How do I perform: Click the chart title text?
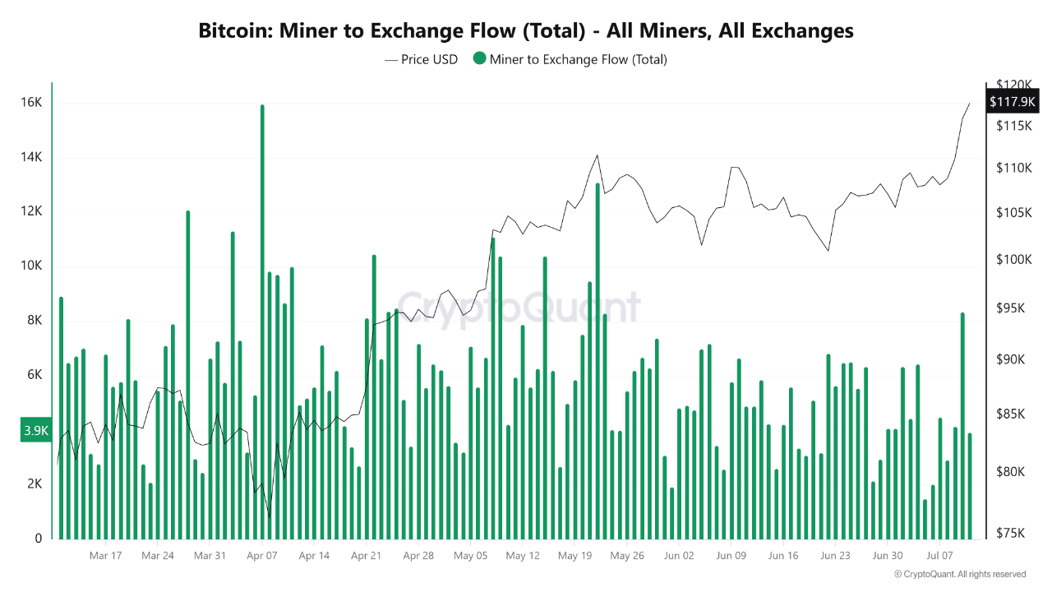(526, 31)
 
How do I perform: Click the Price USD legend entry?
(421, 59)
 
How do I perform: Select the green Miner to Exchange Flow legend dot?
(479, 59)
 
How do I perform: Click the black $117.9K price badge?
(1013, 102)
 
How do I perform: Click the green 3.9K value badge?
(36, 430)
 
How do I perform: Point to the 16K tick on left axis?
(33, 103)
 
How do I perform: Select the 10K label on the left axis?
(33, 266)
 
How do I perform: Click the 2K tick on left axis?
(34, 484)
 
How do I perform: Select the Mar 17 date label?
(105, 556)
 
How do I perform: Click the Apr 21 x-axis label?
(366, 556)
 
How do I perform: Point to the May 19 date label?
(574, 556)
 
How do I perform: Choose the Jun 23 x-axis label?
(835, 556)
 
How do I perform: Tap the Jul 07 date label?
(939, 556)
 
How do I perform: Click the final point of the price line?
(970, 104)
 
